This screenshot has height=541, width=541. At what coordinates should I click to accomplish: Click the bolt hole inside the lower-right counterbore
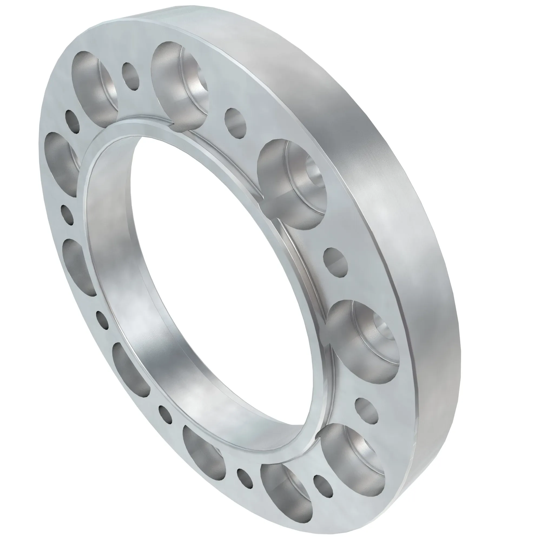[384, 331]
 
